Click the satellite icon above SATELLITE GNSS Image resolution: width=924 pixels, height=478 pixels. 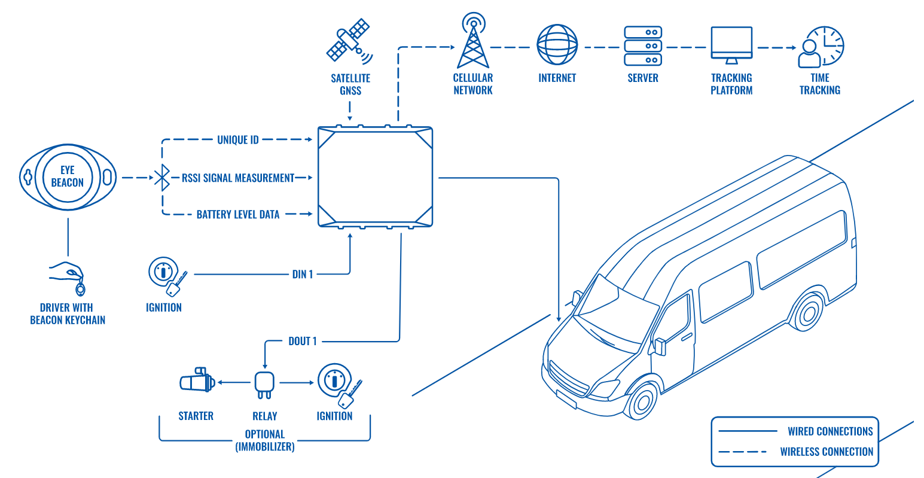(349, 41)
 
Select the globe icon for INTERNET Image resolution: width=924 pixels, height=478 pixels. (557, 45)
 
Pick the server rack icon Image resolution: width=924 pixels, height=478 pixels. (642, 45)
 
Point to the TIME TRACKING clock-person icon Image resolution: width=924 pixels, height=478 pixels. (820, 47)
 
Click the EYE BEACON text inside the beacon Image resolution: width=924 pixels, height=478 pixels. (68, 176)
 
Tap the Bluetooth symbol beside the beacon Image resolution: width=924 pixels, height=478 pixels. (161, 178)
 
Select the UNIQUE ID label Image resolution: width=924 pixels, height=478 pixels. (238, 140)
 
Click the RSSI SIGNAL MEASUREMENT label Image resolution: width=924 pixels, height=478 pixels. (238, 178)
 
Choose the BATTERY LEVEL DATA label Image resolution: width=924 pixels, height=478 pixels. (238, 214)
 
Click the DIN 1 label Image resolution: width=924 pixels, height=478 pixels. (303, 275)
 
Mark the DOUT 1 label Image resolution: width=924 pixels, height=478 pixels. (303, 341)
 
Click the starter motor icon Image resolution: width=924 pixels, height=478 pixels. (196, 381)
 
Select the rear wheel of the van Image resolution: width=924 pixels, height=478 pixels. (809, 313)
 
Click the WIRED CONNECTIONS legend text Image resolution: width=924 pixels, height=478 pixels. (830, 431)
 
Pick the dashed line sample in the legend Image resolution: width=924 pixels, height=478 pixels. (742, 452)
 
